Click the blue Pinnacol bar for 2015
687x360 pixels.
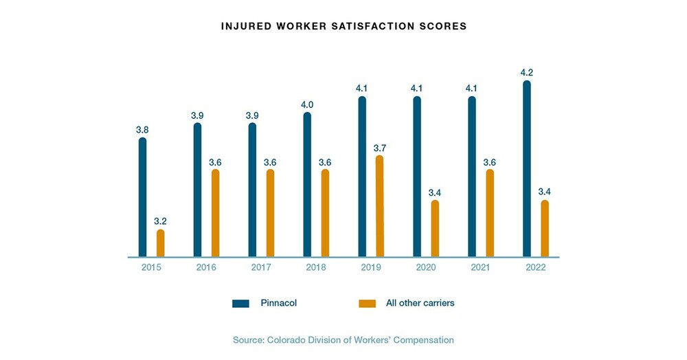[x=142, y=198]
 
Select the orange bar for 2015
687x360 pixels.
[x=160, y=243]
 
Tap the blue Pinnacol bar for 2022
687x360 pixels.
[x=527, y=169]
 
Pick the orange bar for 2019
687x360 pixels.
[x=380, y=206]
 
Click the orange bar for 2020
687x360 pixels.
[x=435, y=229]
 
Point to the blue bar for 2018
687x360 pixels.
[x=307, y=185]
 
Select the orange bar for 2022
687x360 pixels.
[x=545, y=229]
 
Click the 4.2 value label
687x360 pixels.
[x=526, y=71]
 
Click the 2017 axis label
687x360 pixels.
[x=261, y=268]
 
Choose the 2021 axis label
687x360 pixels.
[x=481, y=268]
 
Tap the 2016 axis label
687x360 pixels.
[x=206, y=268]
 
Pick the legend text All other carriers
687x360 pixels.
[x=420, y=303]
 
